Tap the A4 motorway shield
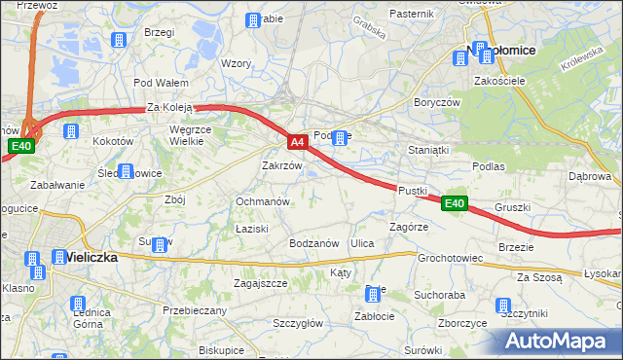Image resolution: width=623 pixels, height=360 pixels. point(299,142)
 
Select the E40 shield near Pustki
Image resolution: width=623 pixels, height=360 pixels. point(454,203)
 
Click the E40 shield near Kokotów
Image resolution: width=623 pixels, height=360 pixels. point(22,146)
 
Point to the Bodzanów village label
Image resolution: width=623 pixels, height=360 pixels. point(313,243)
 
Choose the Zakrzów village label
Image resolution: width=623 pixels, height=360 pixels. point(282,166)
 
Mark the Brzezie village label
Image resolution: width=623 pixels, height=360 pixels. point(516,247)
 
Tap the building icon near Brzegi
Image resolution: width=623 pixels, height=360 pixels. point(119,41)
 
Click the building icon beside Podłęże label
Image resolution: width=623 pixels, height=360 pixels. point(340,137)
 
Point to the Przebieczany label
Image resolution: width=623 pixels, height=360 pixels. point(195,310)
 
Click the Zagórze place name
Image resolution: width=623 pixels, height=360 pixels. point(409,226)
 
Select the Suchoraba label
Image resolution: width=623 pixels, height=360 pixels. point(438,293)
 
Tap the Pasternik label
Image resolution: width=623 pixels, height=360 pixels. point(410,14)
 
